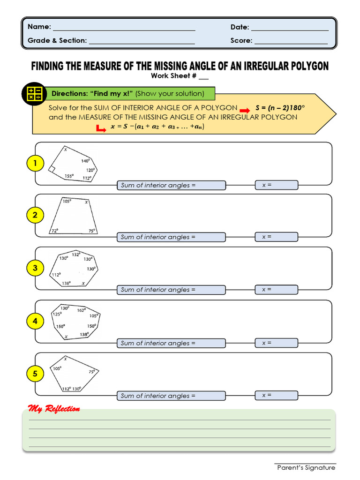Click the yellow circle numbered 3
pyautogui.click(x=35, y=269)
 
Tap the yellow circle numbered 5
pyautogui.click(x=35, y=374)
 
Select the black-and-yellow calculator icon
pyautogui.click(x=35, y=93)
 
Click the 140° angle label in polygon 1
pyautogui.click(x=85, y=161)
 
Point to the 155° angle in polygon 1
pyautogui.click(x=69, y=176)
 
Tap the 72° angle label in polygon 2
pyautogui.click(x=55, y=231)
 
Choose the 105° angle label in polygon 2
pyautogui.click(x=67, y=201)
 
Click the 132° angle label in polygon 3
pyautogui.click(x=76, y=255)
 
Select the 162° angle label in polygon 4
pyautogui.click(x=81, y=310)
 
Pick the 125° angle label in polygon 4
pyautogui.click(x=57, y=314)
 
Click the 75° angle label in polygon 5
pyautogui.click(x=92, y=371)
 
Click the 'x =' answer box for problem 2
pyautogui.click(x=277, y=237)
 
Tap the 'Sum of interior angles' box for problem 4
pyautogui.click(x=171, y=344)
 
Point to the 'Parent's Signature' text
pyautogui.click(x=306, y=468)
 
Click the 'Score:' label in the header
pyautogui.click(x=241, y=41)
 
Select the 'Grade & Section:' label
pyautogui.click(x=57, y=41)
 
